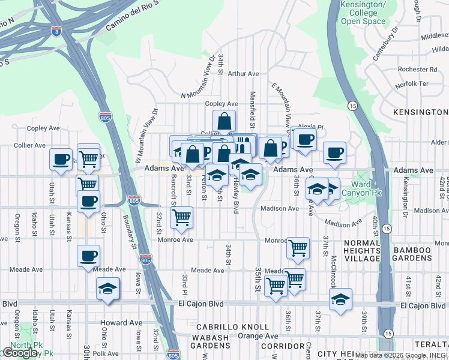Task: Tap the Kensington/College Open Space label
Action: tap(363, 13)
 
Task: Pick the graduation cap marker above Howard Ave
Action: tap(108, 289)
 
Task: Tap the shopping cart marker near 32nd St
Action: tap(181, 218)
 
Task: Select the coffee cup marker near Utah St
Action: tap(61, 160)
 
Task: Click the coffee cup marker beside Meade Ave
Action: tap(89, 256)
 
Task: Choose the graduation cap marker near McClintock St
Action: tap(340, 299)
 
